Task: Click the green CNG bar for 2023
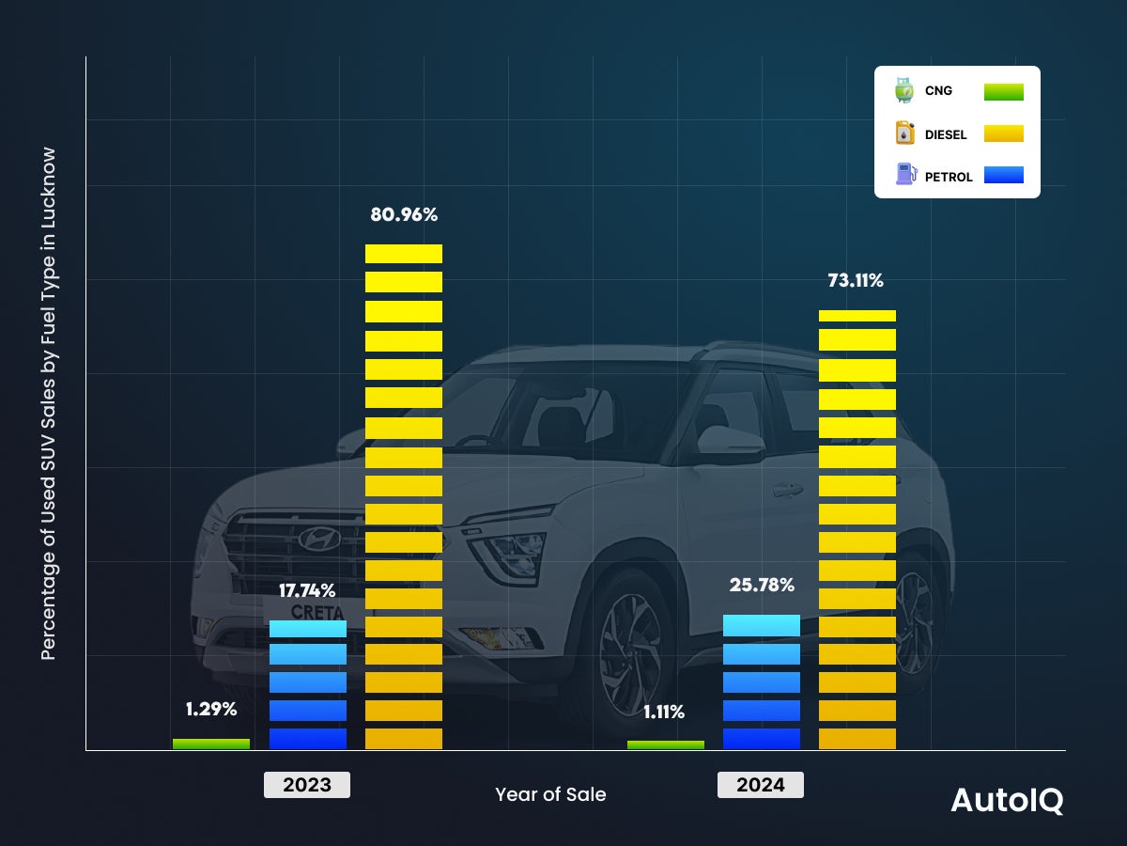pyautogui.click(x=211, y=744)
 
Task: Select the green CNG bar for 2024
pyautogui.click(x=665, y=744)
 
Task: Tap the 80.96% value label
pyautogui.click(x=404, y=214)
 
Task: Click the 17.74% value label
pyautogui.click(x=307, y=590)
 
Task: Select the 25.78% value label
pyautogui.click(x=762, y=585)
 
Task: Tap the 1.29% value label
pyautogui.click(x=210, y=709)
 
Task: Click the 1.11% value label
pyautogui.click(x=664, y=712)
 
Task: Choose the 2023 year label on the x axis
pyautogui.click(x=307, y=785)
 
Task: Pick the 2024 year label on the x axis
pyautogui.click(x=760, y=785)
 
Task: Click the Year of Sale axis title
pyautogui.click(x=550, y=794)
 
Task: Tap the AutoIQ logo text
pyautogui.click(x=1007, y=800)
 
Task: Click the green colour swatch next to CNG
pyautogui.click(x=1003, y=91)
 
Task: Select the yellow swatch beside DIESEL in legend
pyautogui.click(x=1003, y=133)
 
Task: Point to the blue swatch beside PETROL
pyautogui.click(x=1003, y=175)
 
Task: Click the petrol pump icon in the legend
pyautogui.click(x=905, y=174)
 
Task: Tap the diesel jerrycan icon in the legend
pyautogui.click(x=904, y=133)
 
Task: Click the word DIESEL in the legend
pyautogui.click(x=945, y=134)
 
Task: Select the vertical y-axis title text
pyautogui.click(x=49, y=404)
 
